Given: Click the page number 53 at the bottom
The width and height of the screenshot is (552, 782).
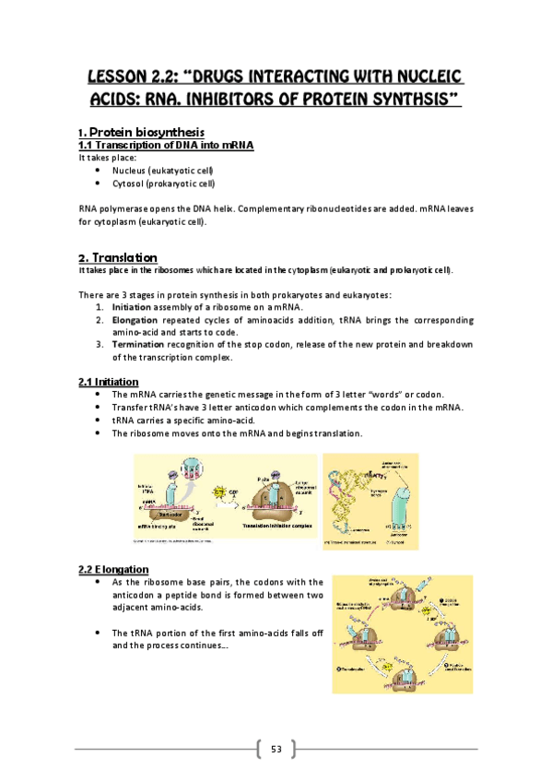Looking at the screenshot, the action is pyautogui.click(x=276, y=748).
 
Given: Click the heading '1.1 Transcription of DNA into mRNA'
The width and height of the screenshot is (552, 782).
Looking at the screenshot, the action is pyautogui.click(x=166, y=146).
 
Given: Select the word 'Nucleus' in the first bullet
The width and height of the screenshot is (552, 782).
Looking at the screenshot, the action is pyautogui.click(x=129, y=171).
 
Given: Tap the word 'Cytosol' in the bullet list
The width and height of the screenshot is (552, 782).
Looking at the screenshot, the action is pyautogui.click(x=129, y=184).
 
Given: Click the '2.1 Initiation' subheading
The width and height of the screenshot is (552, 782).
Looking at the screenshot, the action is pyautogui.click(x=109, y=381).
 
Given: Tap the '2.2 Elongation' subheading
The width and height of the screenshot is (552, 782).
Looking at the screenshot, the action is pyautogui.click(x=113, y=569).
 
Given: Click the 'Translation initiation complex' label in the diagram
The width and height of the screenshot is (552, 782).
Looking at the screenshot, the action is pyautogui.click(x=268, y=525).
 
